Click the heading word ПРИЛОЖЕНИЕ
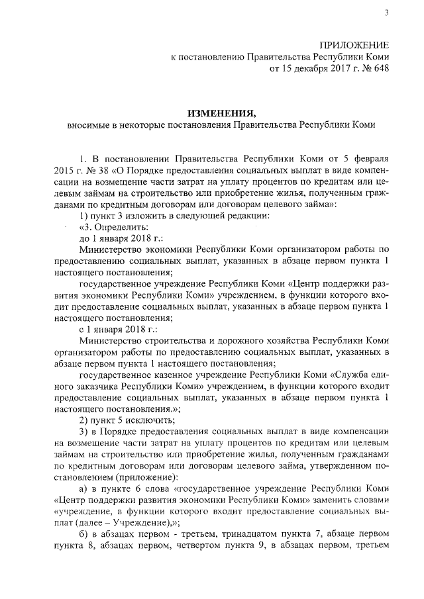[354, 44]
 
